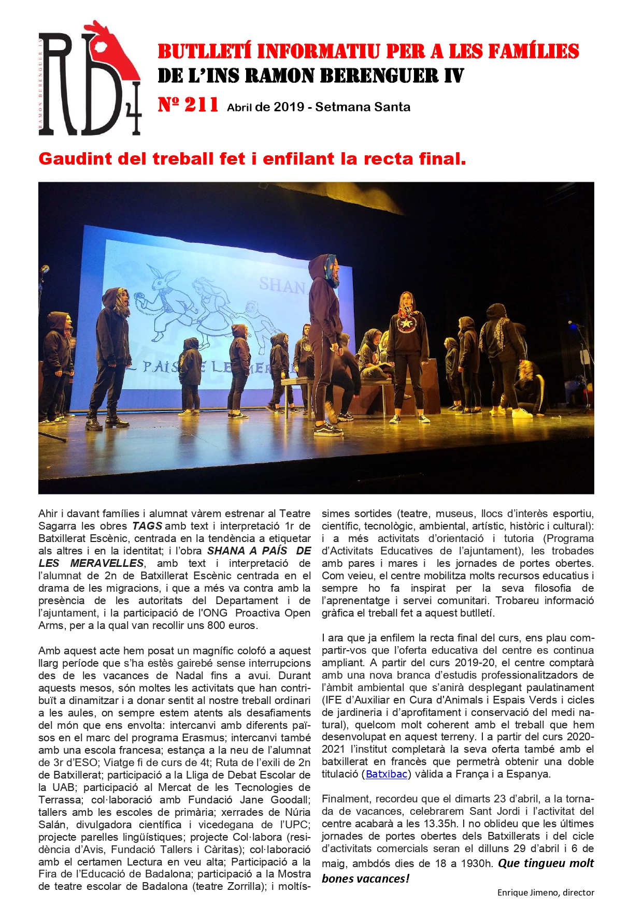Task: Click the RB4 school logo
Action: click(x=89, y=79)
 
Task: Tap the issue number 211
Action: click(x=201, y=105)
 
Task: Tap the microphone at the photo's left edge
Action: click(x=45, y=270)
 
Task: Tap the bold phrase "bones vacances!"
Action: click(x=365, y=878)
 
